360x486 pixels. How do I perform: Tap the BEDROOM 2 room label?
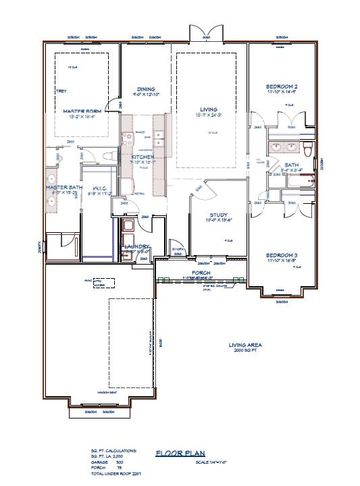point(282,87)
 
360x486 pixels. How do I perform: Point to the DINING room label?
point(146,89)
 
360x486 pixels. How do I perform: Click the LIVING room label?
point(208,108)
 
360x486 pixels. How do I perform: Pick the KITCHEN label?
point(143,157)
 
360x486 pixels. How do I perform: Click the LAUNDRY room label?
point(136,247)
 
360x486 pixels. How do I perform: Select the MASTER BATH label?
point(63,187)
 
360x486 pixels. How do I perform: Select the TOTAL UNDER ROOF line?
point(115,473)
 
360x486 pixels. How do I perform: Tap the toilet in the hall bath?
point(307,148)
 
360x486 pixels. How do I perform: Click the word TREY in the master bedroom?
point(61,90)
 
